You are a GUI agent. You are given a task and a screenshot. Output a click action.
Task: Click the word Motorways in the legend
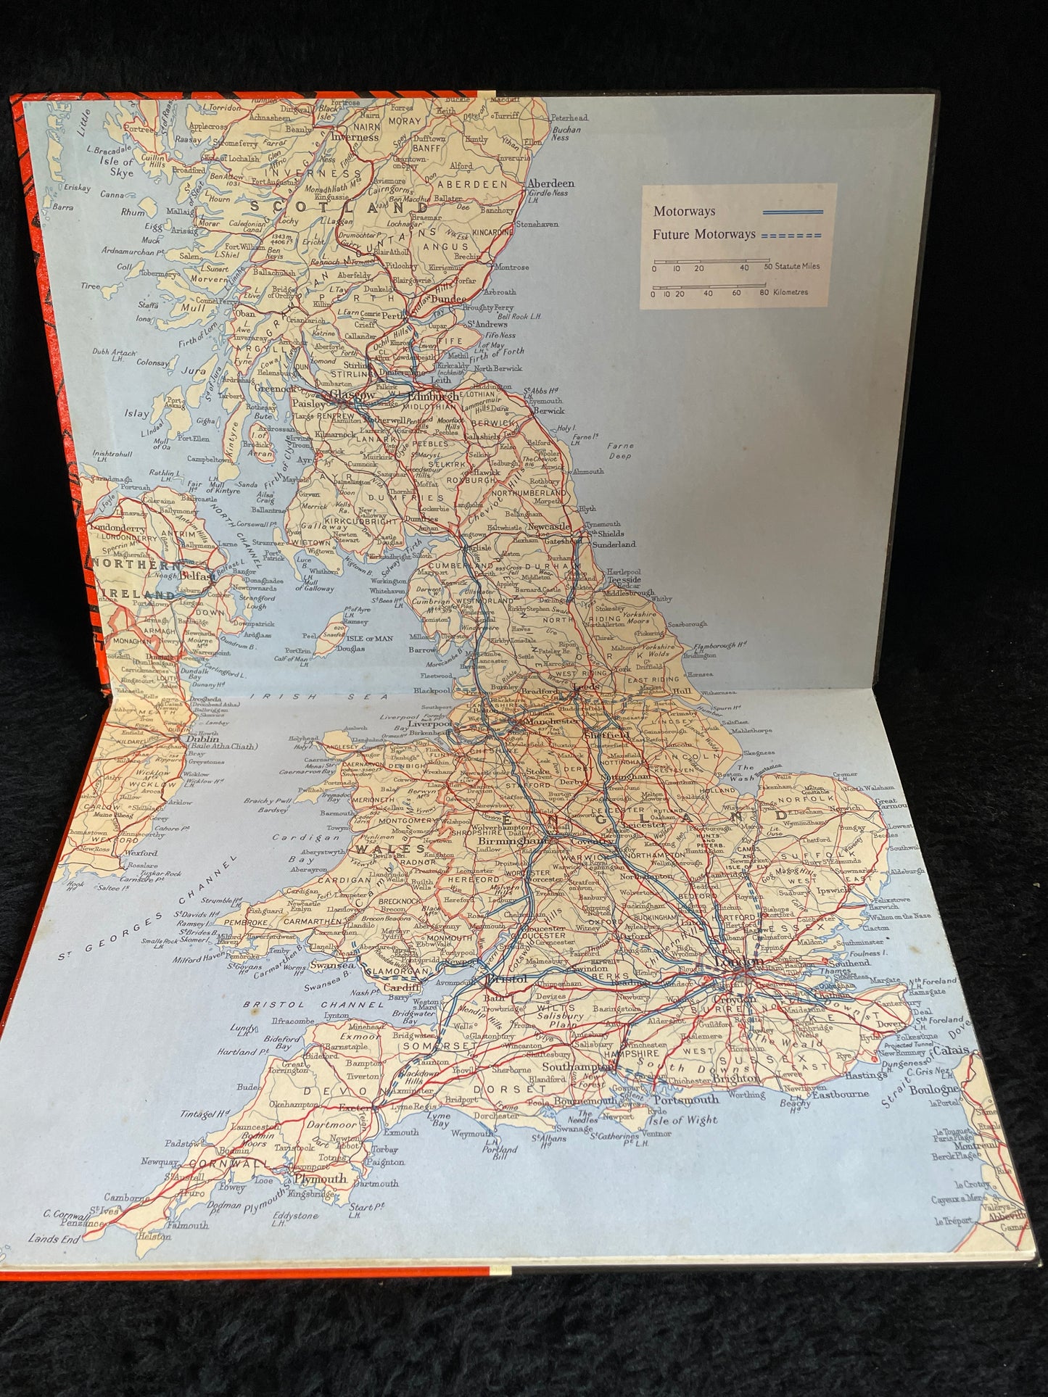click(x=684, y=212)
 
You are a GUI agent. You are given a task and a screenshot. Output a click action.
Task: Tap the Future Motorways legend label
click(x=704, y=235)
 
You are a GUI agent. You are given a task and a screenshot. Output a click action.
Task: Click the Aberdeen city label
click(x=551, y=184)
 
